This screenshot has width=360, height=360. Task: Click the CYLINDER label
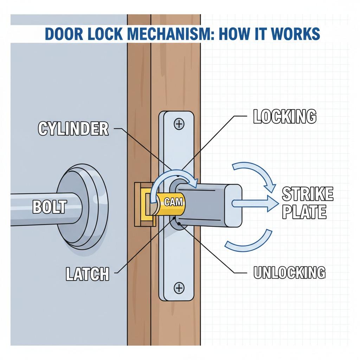coord(73,129)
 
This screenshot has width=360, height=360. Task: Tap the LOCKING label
coord(284,117)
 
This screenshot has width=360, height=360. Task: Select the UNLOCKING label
coord(289,272)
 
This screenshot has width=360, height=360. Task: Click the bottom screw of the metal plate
coord(179,289)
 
